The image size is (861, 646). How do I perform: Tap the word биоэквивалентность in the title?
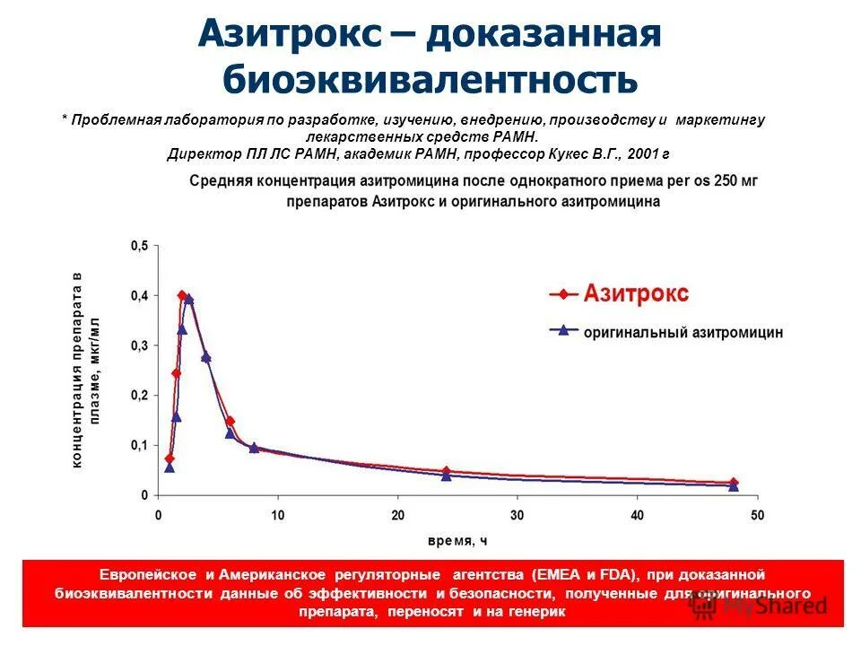430,80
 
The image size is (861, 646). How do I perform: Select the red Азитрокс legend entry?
636,293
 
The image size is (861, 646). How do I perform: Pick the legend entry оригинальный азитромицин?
683,332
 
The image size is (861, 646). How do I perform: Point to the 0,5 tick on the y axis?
140,246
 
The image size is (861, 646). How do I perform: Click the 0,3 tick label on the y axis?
140,345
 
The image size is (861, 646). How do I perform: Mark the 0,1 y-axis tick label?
140,446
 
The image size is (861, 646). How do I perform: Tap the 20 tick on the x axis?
397,516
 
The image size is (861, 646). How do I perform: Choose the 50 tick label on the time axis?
757,516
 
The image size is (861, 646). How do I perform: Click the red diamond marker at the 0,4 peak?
182,295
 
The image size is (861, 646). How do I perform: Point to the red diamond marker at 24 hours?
446,471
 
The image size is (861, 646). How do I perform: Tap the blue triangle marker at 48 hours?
734,486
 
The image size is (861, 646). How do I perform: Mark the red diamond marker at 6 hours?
230,421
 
